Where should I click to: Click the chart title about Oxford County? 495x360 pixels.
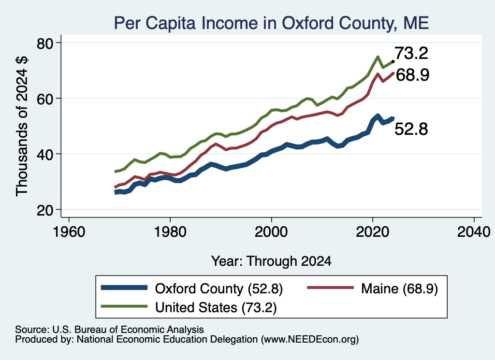(x=271, y=23)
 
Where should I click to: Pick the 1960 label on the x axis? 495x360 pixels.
(x=69, y=232)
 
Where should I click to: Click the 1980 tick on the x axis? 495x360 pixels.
(x=170, y=232)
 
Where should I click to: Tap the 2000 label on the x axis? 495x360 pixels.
(x=271, y=232)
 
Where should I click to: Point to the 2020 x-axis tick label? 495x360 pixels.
(x=373, y=232)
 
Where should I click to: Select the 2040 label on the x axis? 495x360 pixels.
(x=474, y=232)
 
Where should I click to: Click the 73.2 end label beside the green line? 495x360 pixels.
(x=411, y=53)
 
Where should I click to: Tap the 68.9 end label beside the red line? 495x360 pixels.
(x=412, y=75)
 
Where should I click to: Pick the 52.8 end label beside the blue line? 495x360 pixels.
(x=411, y=129)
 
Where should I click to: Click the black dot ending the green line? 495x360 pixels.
(x=393, y=61)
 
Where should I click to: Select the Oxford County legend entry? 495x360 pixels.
(x=192, y=288)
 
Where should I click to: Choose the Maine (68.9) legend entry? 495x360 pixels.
(x=373, y=288)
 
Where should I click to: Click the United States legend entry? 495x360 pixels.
(x=189, y=307)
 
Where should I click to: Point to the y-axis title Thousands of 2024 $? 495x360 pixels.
(x=22, y=126)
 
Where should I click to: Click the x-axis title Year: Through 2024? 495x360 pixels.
(x=271, y=261)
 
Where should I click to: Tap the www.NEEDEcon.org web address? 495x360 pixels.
(x=310, y=339)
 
